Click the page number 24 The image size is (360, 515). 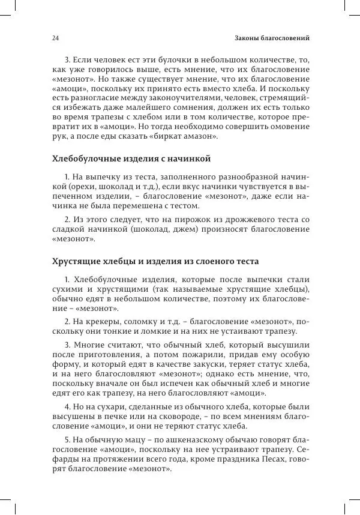pyautogui.click(x=55, y=38)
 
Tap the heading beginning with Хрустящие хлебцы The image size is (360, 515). pyautogui.click(x=155, y=262)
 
